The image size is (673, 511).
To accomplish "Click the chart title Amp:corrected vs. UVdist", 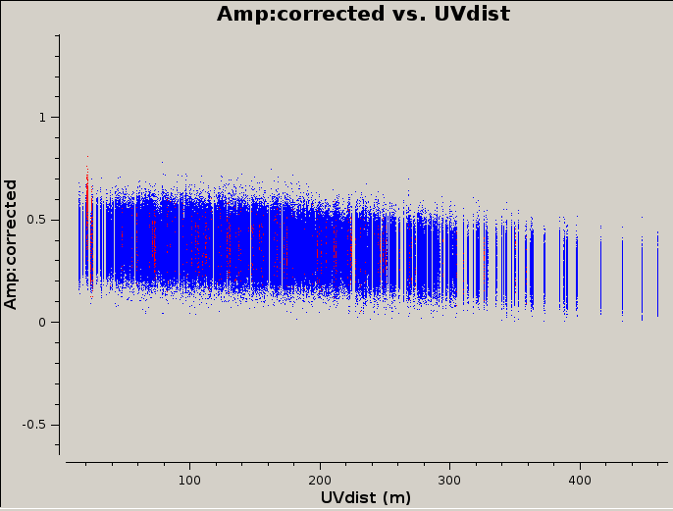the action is click(363, 14).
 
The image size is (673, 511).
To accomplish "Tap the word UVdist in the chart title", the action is click(472, 14).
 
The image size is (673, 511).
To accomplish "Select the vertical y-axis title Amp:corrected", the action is click(10, 244).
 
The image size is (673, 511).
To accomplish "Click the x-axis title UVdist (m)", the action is click(366, 497).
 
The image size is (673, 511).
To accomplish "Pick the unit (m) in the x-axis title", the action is click(396, 498).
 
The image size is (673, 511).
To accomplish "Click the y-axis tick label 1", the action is click(42, 118).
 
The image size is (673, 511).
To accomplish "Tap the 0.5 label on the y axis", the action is click(36, 220).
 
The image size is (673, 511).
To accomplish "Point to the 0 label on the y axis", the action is click(41, 323).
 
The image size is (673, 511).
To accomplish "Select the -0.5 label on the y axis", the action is click(34, 425).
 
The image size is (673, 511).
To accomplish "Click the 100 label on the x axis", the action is click(189, 481).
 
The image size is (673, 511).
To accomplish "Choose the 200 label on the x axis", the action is click(320, 481).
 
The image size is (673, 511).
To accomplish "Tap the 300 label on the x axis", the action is click(449, 481).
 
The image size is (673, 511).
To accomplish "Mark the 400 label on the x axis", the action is click(580, 481).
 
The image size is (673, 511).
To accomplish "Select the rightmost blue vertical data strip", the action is click(657, 275).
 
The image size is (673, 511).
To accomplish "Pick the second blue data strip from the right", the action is click(642, 278).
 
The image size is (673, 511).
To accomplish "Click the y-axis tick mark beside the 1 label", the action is click(57, 117).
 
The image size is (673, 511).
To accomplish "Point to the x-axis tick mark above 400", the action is click(580, 465).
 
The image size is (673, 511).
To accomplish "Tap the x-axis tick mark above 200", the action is click(320, 465).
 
